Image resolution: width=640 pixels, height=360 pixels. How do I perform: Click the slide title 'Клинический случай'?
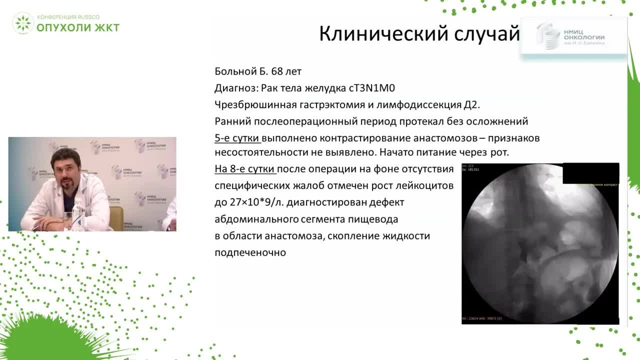(419, 34)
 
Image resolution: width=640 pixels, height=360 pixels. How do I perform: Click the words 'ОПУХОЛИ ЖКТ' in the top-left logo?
(78, 27)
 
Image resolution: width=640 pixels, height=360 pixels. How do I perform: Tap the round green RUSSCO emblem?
(22, 23)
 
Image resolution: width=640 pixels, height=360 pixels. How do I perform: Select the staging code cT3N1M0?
(371, 88)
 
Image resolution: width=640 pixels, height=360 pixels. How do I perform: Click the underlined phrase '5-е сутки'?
(237, 138)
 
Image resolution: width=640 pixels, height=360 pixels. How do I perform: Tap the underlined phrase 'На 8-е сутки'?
(245, 169)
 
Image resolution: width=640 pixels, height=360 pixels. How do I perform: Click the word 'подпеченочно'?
(250, 252)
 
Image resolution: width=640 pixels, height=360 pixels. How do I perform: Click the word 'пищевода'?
(375, 219)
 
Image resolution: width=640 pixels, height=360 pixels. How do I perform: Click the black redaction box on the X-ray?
(590, 173)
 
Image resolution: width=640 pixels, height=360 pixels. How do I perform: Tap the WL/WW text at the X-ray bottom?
(481, 318)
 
